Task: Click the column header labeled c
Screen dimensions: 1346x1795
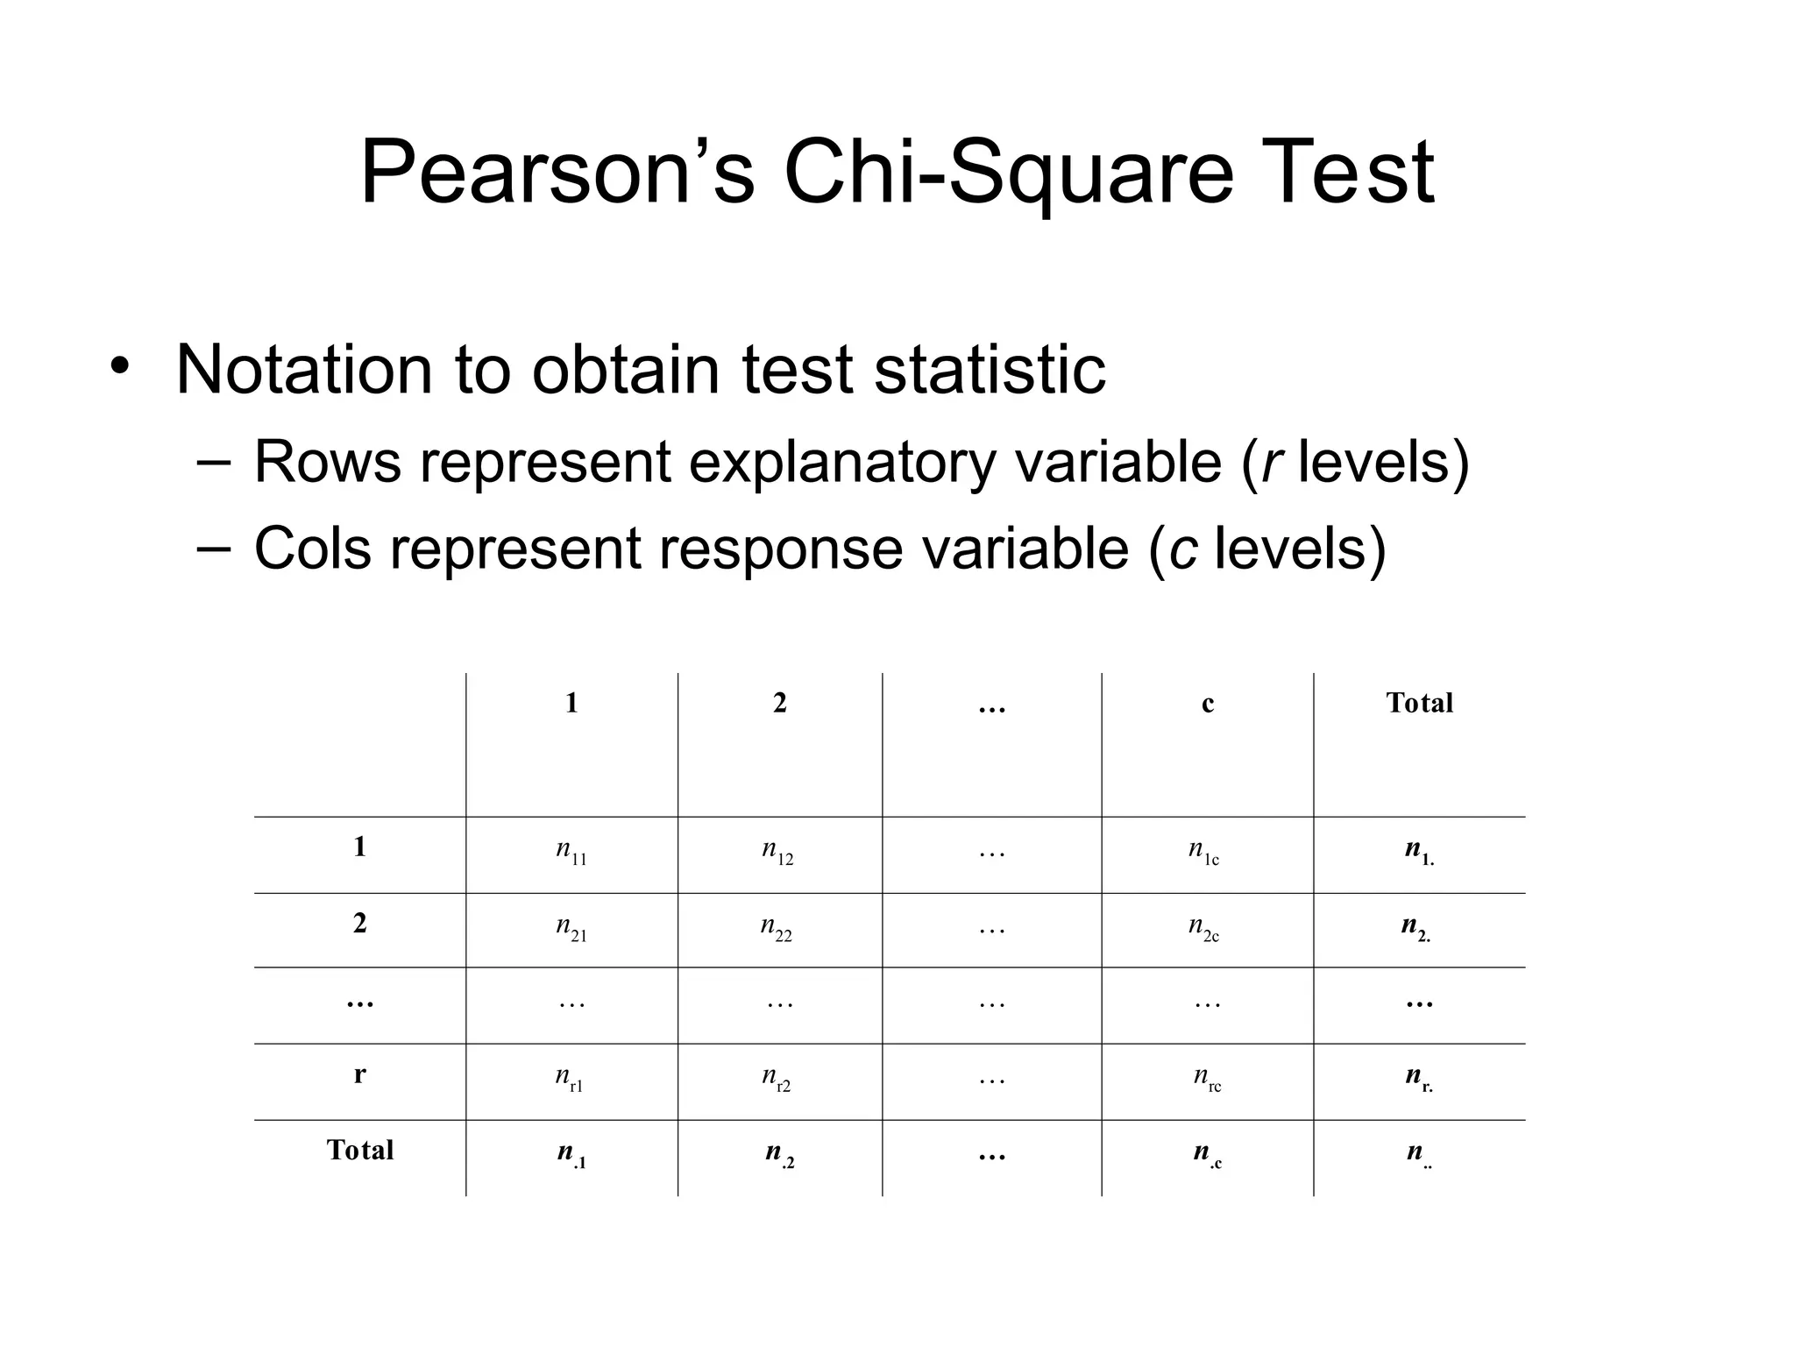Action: coord(1208,704)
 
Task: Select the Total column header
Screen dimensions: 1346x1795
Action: coord(1419,703)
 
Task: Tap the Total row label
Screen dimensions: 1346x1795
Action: coord(359,1150)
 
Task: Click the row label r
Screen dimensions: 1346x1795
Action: coord(359,1074)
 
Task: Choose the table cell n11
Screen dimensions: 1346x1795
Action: coord(571,851)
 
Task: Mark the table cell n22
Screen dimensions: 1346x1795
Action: coord(777,927)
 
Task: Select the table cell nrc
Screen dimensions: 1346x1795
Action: coord(1207,1078)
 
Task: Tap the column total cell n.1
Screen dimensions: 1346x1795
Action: coord(571,1154)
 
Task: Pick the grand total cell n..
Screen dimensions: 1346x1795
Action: coord(1418,1154)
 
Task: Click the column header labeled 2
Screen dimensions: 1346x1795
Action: coord(780,703)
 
